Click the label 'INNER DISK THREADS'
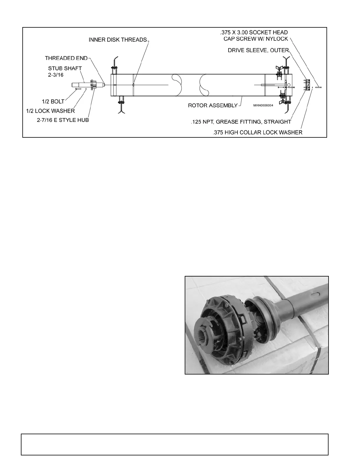pyautogui.click(x=118, y=40)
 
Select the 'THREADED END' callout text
pyautogui.click(x=66, y=58)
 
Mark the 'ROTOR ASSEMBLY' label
pyautogui.click(x=213, y=105)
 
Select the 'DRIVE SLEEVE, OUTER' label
pyautogui.click(x=258, y=50)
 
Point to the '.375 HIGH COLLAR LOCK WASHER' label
pyautogui.click(x=257, y=132)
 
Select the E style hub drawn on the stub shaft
pyautogui.click(x=94, y=85)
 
